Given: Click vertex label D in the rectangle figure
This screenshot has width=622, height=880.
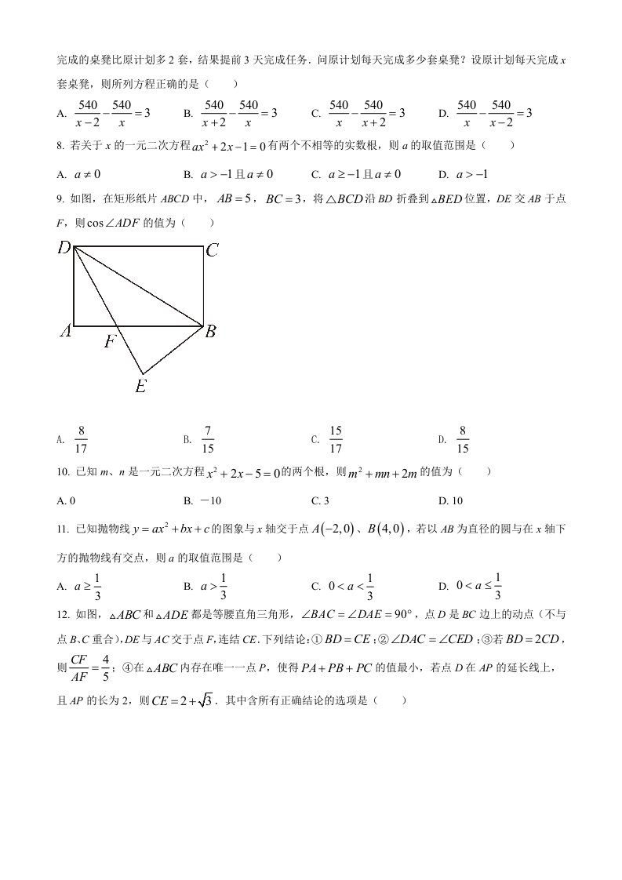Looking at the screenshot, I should pos(64,249).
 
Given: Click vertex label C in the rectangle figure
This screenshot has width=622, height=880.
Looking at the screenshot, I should pos(212,251).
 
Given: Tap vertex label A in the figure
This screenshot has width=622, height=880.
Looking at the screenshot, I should pos(65,332).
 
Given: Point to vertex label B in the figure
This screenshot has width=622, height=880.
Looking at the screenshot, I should pos(210,332).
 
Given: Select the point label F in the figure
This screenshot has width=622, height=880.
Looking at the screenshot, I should pos(111,341).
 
